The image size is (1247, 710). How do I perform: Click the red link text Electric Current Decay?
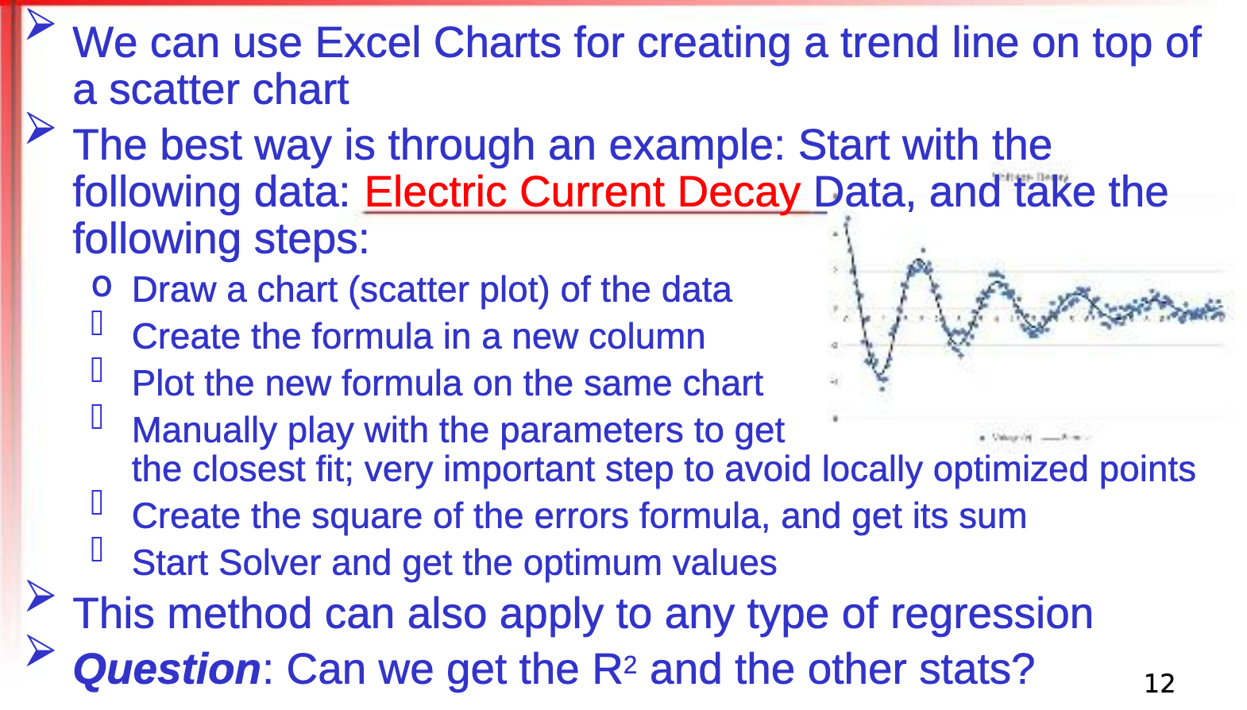point(582,193)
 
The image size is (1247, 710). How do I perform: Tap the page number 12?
point(1159,683)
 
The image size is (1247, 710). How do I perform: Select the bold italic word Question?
point(167,669)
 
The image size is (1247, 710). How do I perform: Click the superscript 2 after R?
point(630,663)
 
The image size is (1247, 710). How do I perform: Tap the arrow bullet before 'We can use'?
point(40,25)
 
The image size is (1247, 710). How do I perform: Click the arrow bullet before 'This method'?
point(40,596)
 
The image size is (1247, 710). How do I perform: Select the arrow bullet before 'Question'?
point(40,650)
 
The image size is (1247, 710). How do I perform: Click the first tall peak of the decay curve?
point(921,262)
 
